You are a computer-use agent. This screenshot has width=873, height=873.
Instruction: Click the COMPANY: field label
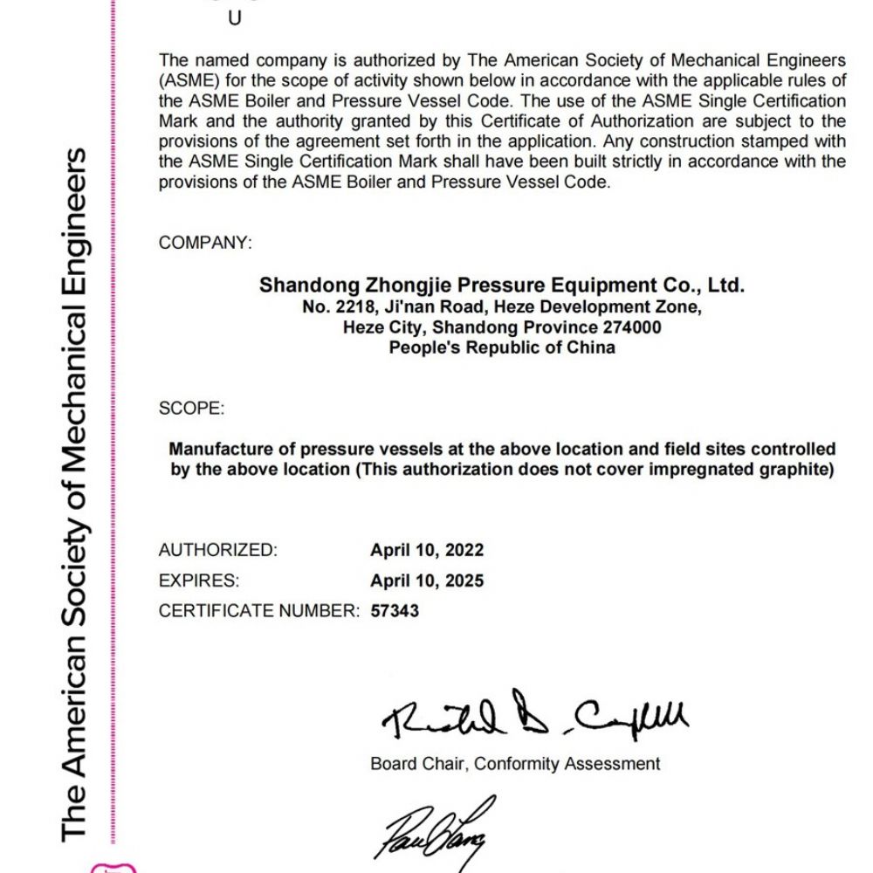coord(205,243)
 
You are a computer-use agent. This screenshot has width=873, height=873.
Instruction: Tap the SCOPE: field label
coord(191,409)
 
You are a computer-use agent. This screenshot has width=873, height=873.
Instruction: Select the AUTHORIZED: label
coord(217,550)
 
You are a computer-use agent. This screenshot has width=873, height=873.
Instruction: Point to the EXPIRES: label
coord(198,581)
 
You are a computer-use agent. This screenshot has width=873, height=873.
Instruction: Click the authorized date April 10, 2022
coord(426,550)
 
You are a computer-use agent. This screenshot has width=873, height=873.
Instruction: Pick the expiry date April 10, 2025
coord(426,581)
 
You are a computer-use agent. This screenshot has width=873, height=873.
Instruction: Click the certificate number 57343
coord(395,611)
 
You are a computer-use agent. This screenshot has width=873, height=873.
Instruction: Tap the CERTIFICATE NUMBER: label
coord(258,611)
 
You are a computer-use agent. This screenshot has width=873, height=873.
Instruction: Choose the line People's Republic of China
coord(502,347)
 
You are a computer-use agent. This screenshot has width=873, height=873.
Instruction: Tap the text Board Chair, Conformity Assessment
coord(515,764)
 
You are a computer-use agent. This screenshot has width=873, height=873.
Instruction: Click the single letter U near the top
coord(234,18)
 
